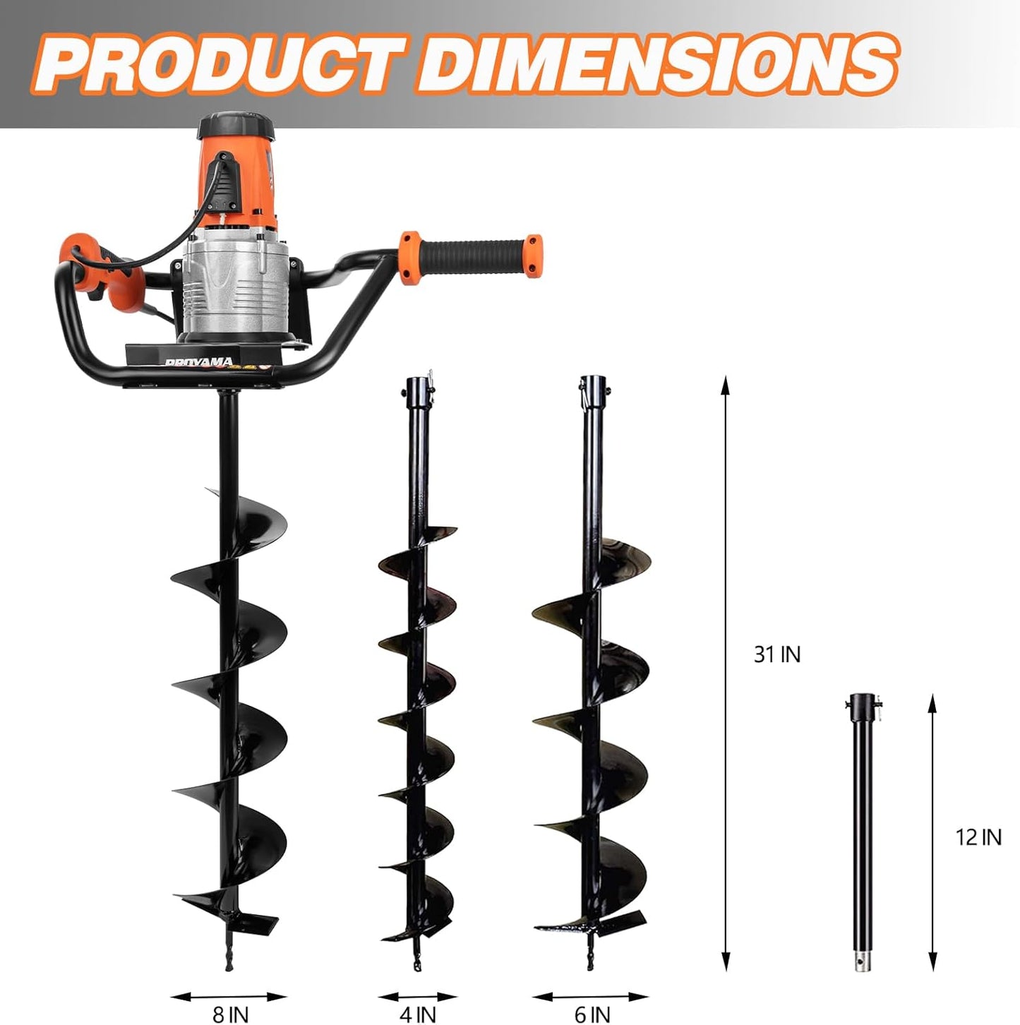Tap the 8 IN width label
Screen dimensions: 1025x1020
(230, 1015)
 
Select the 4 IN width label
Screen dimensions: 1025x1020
(417, 1015)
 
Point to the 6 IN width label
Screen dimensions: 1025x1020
(592, 1015)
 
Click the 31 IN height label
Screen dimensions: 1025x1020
(776, 655)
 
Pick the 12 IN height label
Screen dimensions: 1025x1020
(978, 837)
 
